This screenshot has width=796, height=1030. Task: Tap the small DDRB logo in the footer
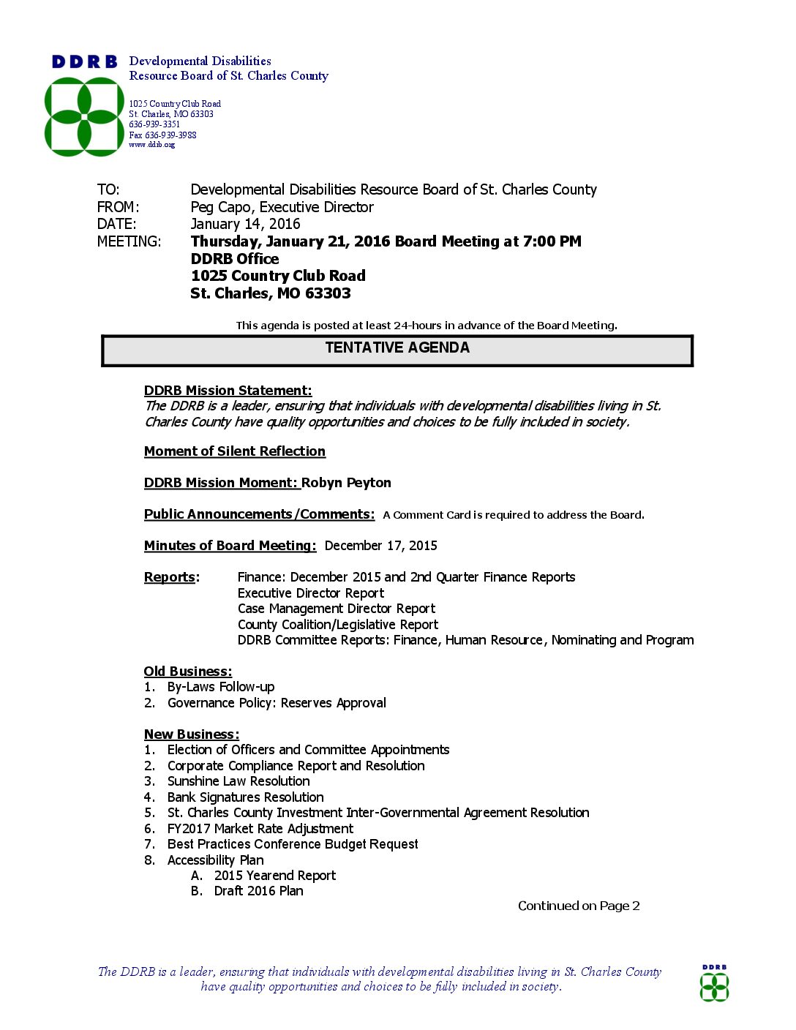point(714,985)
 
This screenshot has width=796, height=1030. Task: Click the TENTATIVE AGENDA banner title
point(397,348)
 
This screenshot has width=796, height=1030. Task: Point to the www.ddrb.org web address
point(152,145)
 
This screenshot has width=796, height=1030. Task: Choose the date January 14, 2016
point(245,225)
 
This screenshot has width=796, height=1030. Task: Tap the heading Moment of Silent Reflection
point(234,451)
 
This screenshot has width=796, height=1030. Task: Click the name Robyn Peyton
point(346,483)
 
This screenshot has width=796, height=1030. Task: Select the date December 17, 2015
point(380,546)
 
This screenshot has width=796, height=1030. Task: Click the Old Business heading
point(187,672)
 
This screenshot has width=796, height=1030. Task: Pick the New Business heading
point(191,734)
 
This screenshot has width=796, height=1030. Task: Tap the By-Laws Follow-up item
point(220,687)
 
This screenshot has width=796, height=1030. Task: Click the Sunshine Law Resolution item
point(239,781)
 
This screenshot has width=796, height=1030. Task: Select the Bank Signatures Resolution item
point(245,797)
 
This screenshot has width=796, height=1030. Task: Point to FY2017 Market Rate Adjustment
point(260,829)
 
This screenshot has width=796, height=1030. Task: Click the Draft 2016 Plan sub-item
point(258,891)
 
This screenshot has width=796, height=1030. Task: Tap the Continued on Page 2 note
point(579,906)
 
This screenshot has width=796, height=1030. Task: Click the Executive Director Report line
point(310,593)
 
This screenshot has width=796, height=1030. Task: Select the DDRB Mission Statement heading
point(228,391)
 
